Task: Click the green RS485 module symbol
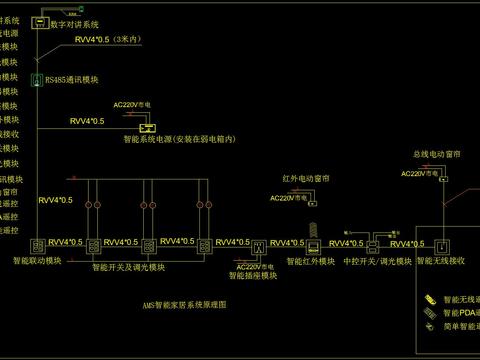(36, 79)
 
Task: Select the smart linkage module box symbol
(37, 246)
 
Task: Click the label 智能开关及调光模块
(129, 268)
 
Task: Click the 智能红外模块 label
(311, 262)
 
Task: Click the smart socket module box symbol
(257, 246)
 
